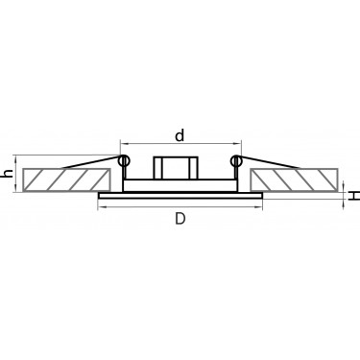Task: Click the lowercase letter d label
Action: [x=180, y=135]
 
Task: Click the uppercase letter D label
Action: [x=180, y=219]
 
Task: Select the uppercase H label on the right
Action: [x=353, y=196]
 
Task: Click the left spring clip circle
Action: [x=124, y=160]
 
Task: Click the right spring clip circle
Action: [x=236, y=160]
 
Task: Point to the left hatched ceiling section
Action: [x=66, y=180]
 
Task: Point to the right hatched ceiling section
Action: [x=294, y=180]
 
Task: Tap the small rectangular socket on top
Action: [x=176, y=168]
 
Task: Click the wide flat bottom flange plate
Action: [x=180, y=196]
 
